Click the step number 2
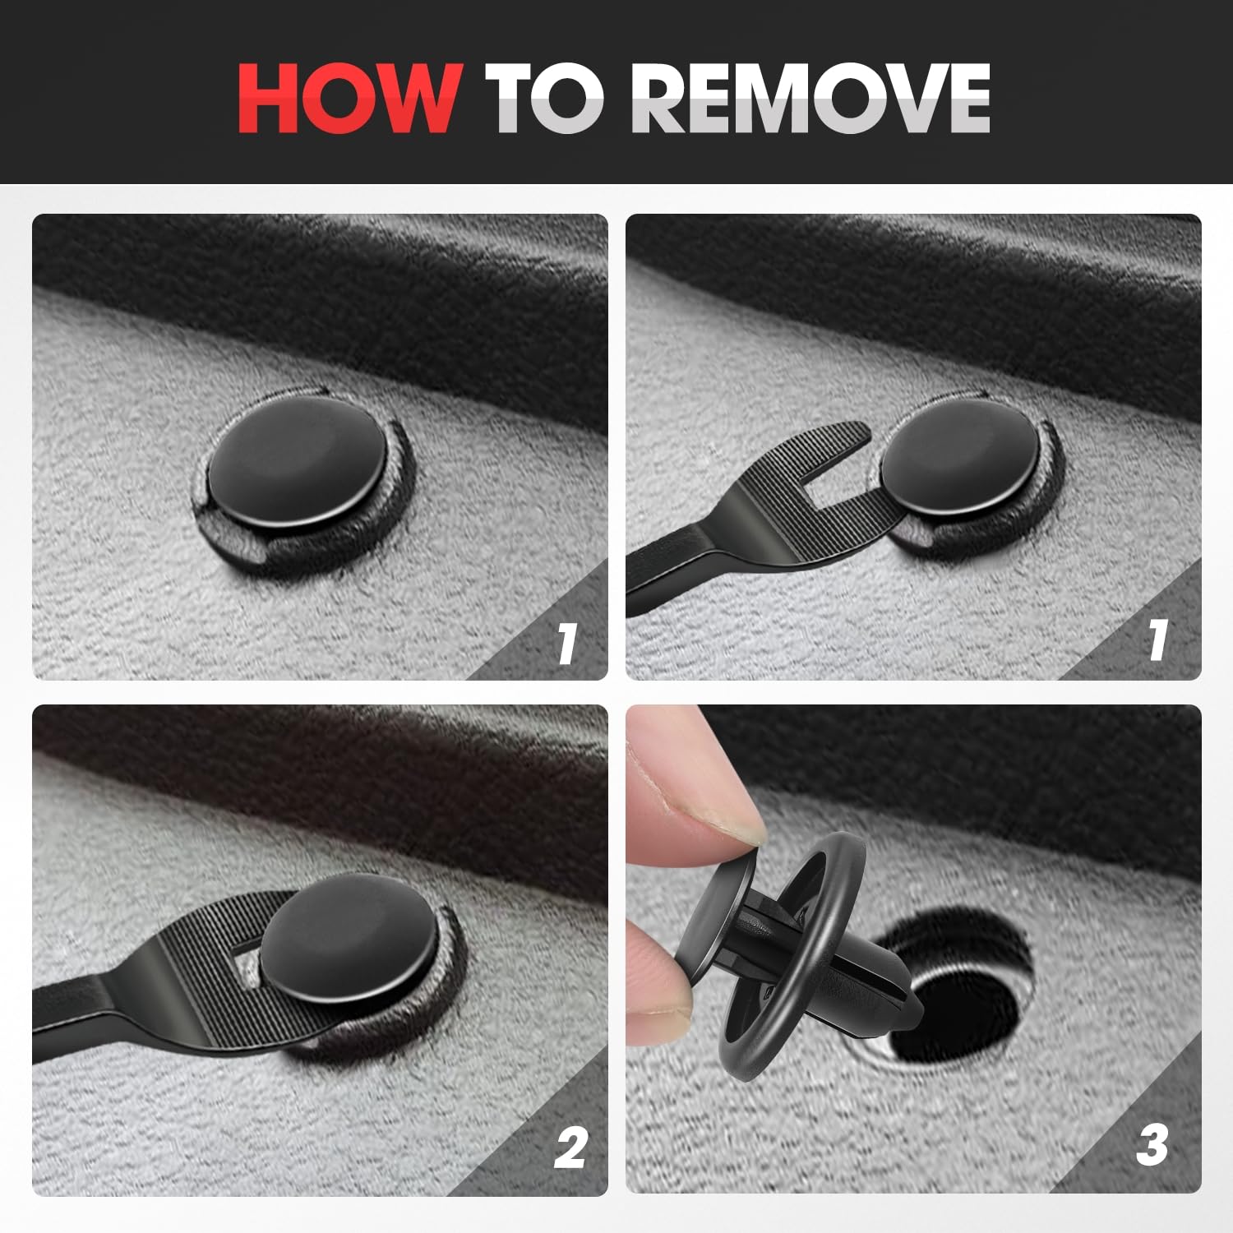point(570,1147)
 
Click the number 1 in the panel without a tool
point(566,642)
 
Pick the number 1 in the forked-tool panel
point(1158,640)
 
